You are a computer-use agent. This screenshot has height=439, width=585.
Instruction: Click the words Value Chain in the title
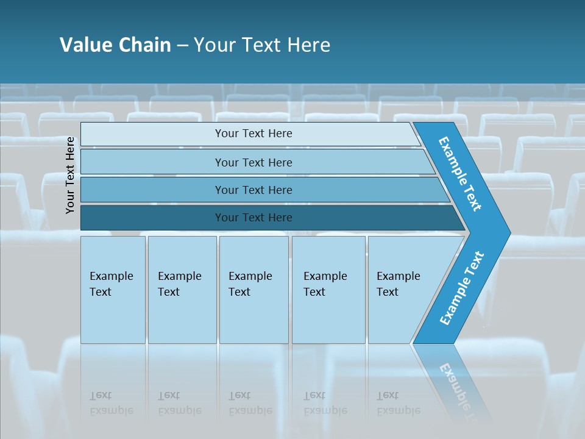tap(115, 45)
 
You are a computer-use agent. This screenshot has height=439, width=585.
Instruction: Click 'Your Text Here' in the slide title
tap(262, 45)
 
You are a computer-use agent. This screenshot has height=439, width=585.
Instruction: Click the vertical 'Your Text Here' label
tap(70, 176)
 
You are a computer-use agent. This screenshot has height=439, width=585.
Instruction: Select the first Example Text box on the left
tap(113, 290)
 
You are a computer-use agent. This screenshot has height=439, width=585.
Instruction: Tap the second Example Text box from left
tap(182, 290)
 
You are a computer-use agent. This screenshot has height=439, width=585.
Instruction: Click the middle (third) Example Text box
tap(253, 290)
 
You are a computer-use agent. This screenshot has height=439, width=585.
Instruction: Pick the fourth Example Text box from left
tap(328, 290)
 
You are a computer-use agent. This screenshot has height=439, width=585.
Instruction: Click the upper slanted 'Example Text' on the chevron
tap(460, 174)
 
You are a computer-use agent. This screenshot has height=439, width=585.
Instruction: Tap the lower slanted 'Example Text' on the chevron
tap(461, 288)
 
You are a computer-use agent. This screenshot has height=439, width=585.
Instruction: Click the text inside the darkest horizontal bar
tap(253, 218)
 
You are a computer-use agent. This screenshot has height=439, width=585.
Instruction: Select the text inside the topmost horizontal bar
tap(253, 134)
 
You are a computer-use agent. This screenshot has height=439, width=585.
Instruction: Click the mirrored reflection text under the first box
tap(111, 403)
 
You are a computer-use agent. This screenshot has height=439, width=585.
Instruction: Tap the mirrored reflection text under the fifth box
tap(398, 403)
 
